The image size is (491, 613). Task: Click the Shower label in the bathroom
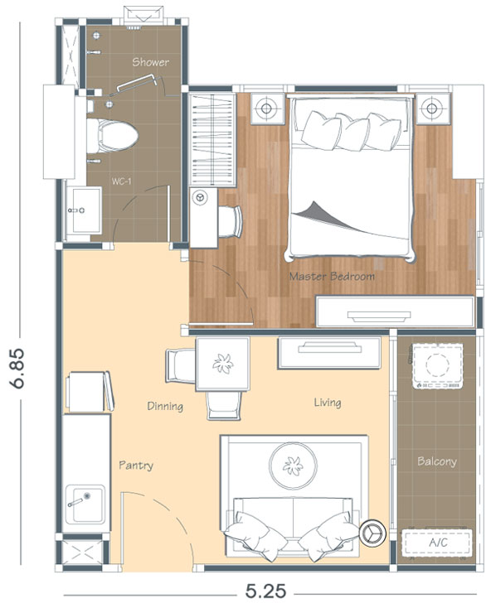click(150, 62)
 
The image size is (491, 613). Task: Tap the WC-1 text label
click(121, 181)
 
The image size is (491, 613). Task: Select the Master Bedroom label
click(332, 277)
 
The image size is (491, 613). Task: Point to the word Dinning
click(165, 406)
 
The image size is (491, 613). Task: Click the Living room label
click(328, 403)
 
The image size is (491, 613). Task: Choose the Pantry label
click(136, 466)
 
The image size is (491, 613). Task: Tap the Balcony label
click(437, 461)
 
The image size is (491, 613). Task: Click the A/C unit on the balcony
click(437, 543)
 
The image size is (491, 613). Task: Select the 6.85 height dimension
click(18, 369)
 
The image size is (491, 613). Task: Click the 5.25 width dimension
click(266, 591)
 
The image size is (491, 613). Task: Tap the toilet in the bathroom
click(112, 136)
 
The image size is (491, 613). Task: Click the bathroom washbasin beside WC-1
click(84, 210)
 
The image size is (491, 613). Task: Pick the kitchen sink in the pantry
click(85, 504)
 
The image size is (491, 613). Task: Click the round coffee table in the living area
click(293, 466)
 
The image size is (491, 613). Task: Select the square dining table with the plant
click(223, 364)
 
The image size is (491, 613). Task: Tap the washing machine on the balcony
click(437, 366)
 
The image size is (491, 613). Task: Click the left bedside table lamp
click(266, 108)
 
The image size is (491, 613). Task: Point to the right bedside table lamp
click(432, 108)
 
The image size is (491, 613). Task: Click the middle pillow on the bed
click(352, 133)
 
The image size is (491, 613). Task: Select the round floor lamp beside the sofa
click(372, 533)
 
